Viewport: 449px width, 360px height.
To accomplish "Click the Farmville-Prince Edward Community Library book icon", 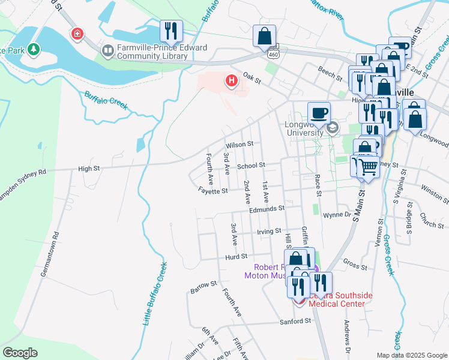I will [108, 52].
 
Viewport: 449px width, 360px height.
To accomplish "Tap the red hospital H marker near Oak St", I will [231, 81].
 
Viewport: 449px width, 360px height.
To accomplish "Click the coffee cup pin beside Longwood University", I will [319, 112].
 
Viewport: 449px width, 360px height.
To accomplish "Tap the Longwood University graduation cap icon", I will [332, 127].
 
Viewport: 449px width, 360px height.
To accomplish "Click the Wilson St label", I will [240, 145].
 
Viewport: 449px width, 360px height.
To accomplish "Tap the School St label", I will [250, 165].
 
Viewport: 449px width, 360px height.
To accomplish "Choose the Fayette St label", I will [214, 191].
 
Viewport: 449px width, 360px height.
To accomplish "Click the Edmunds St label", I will [267, 209].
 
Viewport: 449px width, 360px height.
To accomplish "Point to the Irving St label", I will [269, 231].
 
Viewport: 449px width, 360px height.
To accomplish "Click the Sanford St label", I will [295, 321].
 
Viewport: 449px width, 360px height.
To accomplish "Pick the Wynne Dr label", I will [336, 215].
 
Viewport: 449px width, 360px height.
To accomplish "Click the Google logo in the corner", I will [20, 353].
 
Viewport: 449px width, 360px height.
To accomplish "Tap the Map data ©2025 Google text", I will [411, 355].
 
